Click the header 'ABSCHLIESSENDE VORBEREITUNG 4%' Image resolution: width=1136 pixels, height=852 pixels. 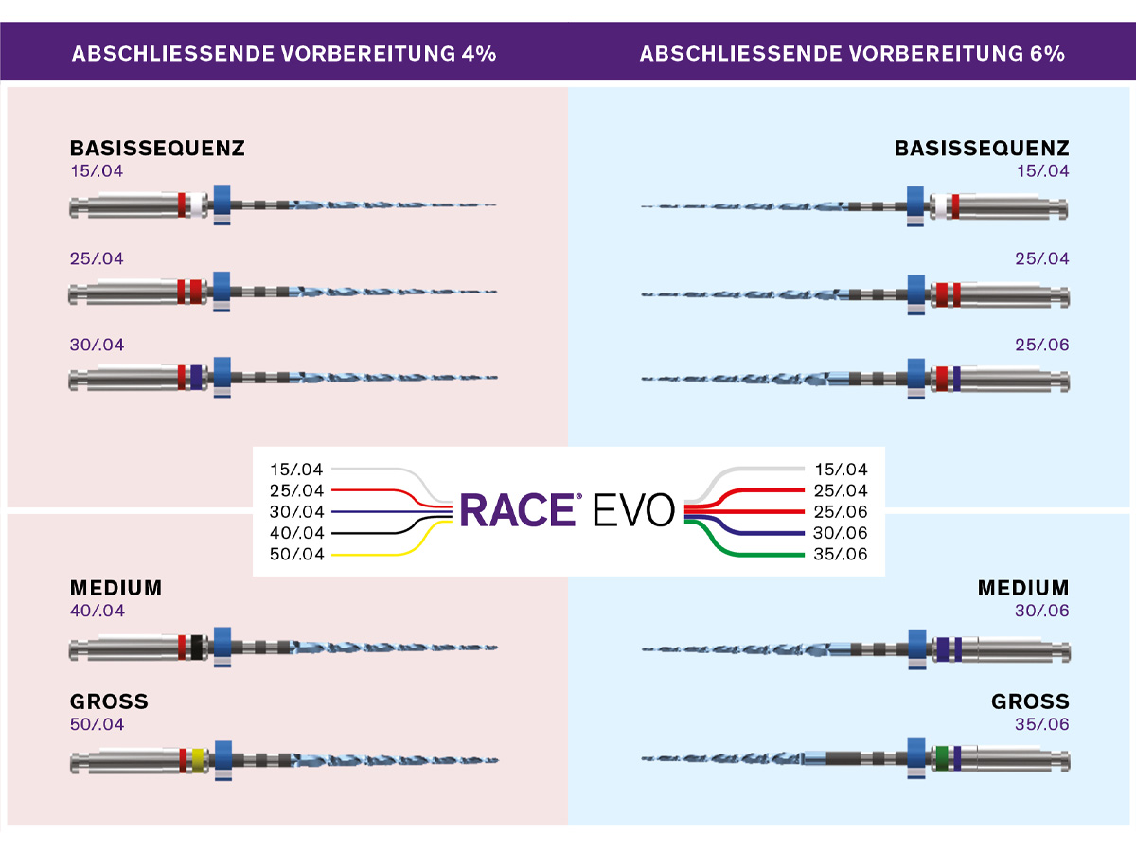[284, 53]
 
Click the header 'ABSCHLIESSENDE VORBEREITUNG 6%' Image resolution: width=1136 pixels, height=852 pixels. [852, 53]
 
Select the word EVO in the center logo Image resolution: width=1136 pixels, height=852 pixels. [634, 509]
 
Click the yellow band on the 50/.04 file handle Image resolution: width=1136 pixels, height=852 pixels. [198, 759]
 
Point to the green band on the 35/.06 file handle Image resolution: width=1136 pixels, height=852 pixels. [941, 758]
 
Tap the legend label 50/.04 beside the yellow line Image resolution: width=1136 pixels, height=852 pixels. [296, 554]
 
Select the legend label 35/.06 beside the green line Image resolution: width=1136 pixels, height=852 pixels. [841, 554]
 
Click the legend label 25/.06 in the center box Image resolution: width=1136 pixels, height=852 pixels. [841, 511]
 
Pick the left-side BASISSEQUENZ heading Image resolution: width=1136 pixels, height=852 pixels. [157, 149]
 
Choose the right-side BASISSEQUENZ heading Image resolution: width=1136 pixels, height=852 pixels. [982, 149]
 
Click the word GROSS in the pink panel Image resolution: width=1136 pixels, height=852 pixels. [109, 701]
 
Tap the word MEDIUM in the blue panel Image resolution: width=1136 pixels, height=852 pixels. [1023, 588]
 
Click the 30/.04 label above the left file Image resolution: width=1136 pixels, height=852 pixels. [97, 346]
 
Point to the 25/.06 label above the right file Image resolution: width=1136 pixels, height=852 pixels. [1042, 346]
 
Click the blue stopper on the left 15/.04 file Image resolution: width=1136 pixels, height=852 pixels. [222, 204]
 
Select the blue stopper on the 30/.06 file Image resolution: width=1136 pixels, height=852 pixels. [916, 648]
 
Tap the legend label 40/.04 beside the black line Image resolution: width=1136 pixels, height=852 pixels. [296, 533]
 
